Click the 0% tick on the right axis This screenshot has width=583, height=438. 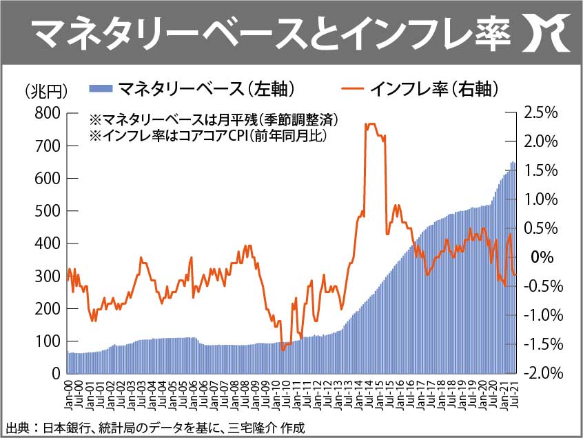pyautogui.click(x=543, y=257)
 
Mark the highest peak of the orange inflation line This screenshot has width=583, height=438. pyautogui.click(x=371, y=124)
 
